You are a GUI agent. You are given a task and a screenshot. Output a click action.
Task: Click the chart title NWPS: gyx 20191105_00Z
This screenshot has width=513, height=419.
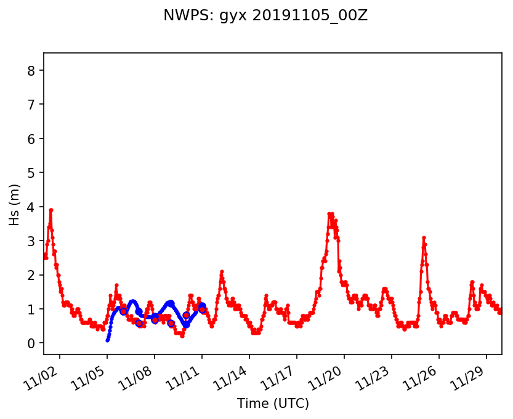point(265,16)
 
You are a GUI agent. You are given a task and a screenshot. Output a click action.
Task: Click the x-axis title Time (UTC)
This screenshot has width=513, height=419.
point(273,404)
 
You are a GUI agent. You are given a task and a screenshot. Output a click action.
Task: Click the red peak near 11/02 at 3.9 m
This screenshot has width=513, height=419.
point(51,210)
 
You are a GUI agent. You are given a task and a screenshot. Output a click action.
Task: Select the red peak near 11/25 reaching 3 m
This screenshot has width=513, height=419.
point(424,237)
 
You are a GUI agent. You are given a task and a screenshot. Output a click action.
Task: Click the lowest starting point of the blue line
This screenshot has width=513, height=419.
point(107,340)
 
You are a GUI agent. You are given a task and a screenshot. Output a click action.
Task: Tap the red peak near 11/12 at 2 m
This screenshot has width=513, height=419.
point(222,271)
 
